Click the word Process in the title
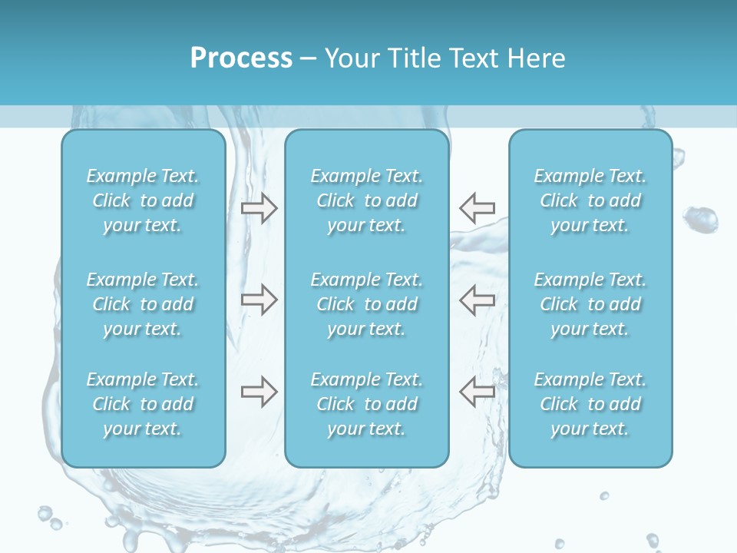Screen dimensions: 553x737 [241, 58]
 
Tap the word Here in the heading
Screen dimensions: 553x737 [536, 58]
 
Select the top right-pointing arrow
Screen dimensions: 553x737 [259, 208]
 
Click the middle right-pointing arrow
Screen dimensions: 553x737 [259, 300]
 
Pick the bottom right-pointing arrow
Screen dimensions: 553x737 [259, 392]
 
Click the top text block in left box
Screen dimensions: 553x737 [143, 200]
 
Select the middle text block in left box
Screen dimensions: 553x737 [143, 304]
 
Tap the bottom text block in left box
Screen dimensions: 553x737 [143, 404]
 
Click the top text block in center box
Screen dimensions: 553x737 [367, 200]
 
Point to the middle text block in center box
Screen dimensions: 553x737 [367, 304]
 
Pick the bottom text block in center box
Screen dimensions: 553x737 [367, 404]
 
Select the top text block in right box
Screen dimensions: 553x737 [590, 200]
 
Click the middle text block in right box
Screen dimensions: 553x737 [590, 304]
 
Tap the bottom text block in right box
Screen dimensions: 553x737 [590, 404]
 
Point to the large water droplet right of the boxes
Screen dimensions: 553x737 [700, 220]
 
